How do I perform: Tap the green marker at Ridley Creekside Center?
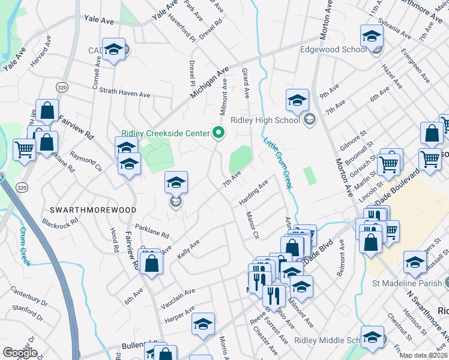(x=219, y=133)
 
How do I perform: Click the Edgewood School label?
(x=333, y=50)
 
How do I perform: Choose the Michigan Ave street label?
(x=209, y=83)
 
